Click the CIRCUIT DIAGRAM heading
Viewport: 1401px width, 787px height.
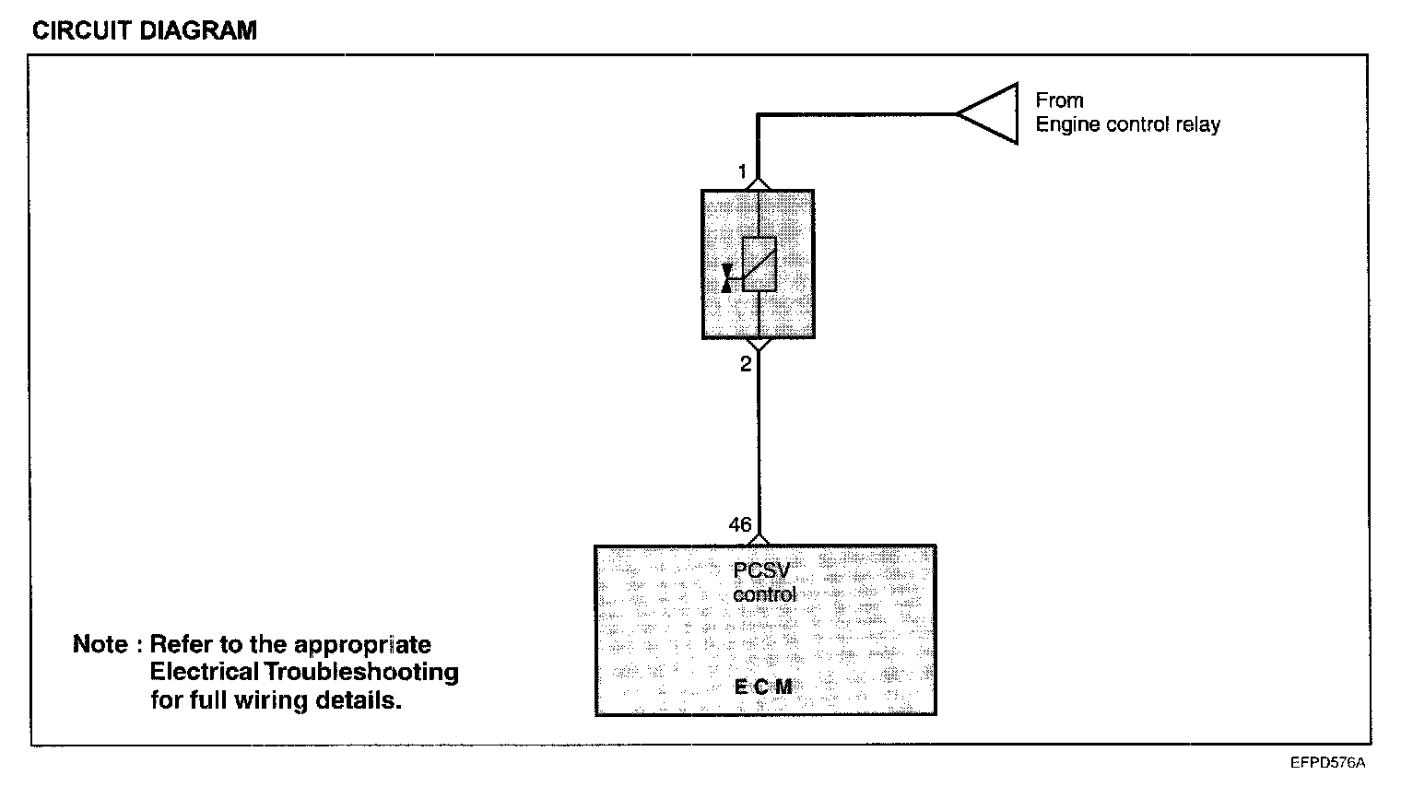coord(145,30)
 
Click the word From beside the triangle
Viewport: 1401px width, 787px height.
coord(1059,100)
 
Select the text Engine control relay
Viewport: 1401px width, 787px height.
coord(1127,125)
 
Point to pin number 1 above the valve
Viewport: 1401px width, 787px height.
coord(742,172)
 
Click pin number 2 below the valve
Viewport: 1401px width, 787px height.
coord(746,364)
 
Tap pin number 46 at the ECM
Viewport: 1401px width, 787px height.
coord(740,524)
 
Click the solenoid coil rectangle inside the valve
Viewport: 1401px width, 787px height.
coord(759,264)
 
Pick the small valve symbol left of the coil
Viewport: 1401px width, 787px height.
coord(727,277)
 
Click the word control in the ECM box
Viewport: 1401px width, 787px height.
coord(764,594)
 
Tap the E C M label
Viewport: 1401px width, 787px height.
coord(763,687)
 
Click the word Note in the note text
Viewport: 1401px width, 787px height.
coord(100,644)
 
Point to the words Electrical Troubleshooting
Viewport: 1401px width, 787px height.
coord(304,672)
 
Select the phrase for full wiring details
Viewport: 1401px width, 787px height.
coord(277,699)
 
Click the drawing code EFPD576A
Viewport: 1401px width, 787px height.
coord(1327,763)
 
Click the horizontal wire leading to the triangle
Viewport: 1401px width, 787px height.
coord(857,114)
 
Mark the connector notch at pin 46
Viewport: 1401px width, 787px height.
coord(759,539)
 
